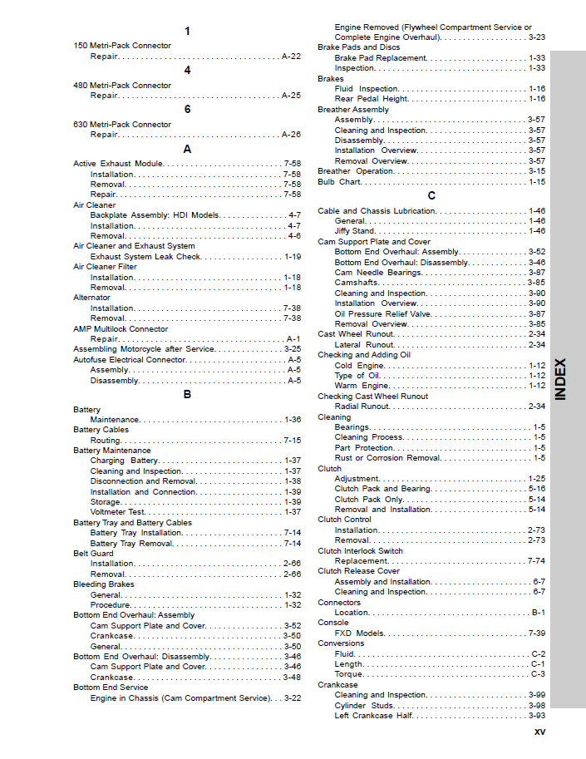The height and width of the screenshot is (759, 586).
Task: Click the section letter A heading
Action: tap(187, 149)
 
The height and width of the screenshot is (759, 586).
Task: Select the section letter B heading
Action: tap(187, 395)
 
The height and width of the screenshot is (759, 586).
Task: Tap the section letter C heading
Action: tap(431, 196)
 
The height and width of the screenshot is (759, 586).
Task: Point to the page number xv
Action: tap(539, 733)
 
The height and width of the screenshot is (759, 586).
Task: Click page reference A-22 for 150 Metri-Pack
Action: tap(291, 57)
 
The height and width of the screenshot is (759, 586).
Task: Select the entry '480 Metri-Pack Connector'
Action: tap(122, 86)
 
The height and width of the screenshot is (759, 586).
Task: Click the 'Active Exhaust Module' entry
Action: tap(118, 164)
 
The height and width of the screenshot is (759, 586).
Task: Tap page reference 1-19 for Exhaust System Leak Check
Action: tap(293, 257)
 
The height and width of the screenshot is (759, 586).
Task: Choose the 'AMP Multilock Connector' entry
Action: tap(121, 328)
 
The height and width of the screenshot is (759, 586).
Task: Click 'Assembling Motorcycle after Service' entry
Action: tap(144, 349)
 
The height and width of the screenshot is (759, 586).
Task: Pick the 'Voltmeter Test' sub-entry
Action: tap(117, 512)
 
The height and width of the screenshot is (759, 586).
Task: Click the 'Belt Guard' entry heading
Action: tap(93, 553)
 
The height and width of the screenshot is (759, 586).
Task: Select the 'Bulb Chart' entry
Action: tap(338, 181)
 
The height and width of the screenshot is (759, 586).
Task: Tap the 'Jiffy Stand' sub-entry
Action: tap(354, 231)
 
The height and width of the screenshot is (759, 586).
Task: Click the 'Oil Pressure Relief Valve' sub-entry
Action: tap(382, 314)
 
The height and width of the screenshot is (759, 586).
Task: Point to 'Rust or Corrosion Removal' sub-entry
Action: tap(387, 458)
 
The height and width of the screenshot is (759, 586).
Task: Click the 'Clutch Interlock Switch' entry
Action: tap(360, 550)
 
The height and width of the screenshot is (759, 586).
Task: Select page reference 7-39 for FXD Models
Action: tap(536, 633)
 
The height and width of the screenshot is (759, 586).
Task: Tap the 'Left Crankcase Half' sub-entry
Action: tap(373, 716)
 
